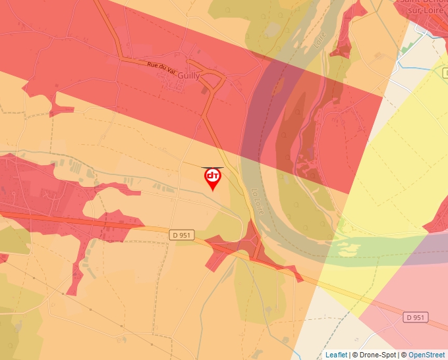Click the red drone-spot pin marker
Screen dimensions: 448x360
[212, 178]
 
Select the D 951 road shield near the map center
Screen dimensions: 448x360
[182, 235]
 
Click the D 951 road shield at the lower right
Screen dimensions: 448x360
[416, 317]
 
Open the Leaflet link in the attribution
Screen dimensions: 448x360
[336, 355]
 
